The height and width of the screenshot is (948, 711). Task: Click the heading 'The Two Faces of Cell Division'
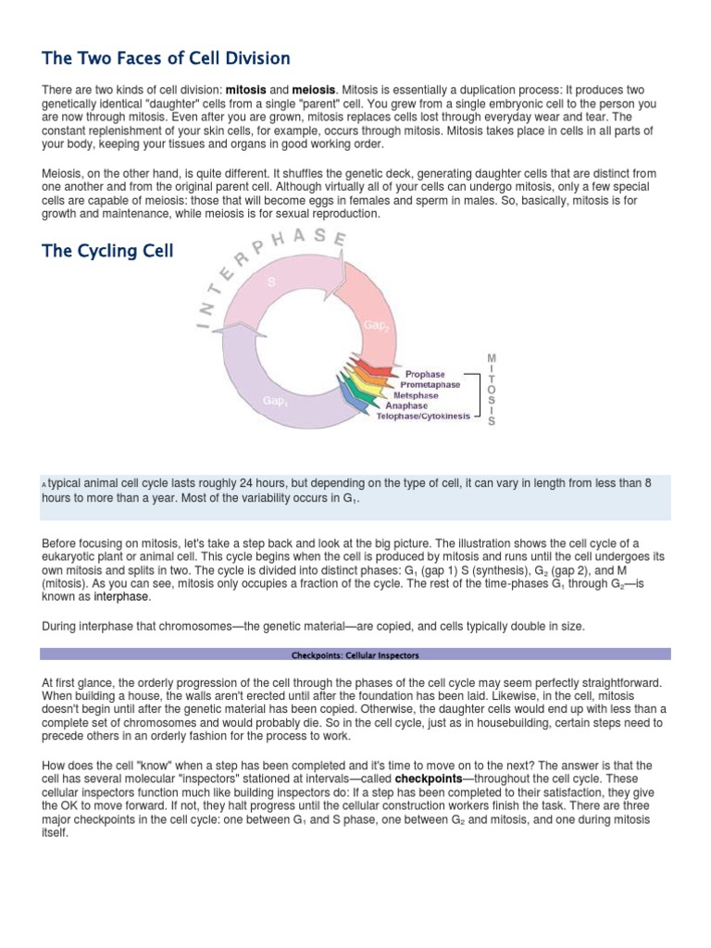click(167, 58)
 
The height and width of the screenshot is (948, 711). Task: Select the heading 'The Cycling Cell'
click(107, 251)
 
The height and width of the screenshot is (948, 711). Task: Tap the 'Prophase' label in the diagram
click(425, 374)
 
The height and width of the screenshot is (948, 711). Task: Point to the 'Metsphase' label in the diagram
click(417, 395)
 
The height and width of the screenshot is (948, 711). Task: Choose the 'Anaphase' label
click(406, 405)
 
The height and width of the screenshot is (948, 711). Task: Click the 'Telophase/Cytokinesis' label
click(422, 416)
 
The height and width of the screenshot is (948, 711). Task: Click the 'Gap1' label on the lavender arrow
click(273, 400)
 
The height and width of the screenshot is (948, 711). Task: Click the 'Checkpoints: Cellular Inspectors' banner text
click(355, 655)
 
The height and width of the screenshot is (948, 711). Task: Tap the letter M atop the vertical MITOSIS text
click(492, 356)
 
